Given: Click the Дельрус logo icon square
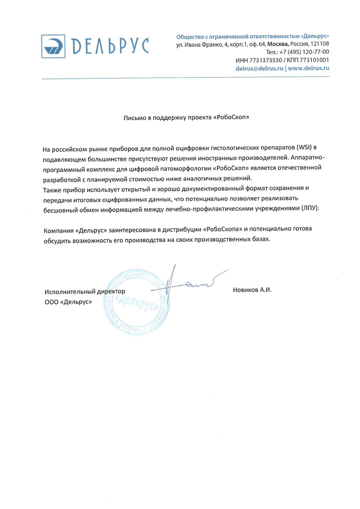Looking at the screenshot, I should point(53,46).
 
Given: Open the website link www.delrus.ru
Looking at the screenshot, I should point(308,68).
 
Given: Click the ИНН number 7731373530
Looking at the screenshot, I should point(265,60).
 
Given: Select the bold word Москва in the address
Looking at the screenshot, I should point(278,44).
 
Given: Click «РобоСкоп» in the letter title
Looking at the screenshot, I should point(231,117).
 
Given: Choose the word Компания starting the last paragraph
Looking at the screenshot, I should point(59,230).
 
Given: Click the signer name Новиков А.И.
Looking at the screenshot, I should point(252,290).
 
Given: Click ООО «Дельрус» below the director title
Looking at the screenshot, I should point(68,302).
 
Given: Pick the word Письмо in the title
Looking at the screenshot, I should point(135,118).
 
